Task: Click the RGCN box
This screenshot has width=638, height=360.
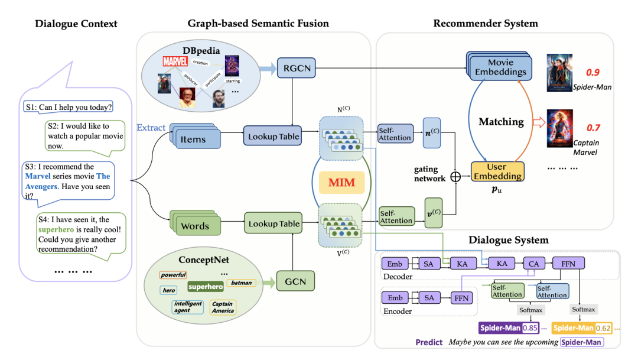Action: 296,68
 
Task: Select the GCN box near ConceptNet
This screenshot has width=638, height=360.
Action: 295,281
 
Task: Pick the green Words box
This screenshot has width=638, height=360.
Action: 196,226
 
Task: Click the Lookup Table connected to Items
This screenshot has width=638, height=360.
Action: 272,137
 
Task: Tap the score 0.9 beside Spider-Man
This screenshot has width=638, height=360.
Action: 593,73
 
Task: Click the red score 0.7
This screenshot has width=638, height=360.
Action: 593,128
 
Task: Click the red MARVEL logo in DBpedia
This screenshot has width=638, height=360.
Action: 175,61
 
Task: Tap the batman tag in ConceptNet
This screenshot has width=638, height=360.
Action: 241,283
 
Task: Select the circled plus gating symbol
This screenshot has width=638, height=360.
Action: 455,176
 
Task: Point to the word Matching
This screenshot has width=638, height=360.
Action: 501,122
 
